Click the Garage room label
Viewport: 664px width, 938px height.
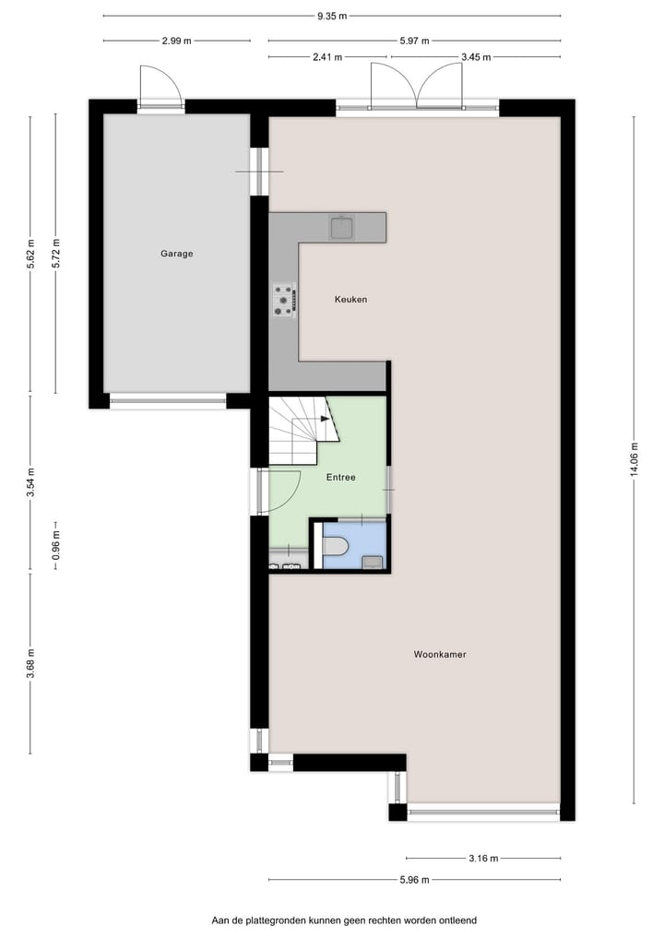click(x=176, y=254)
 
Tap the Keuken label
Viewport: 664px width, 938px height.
click(x=350, y=300)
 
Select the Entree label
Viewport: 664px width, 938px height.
click(x=341, y=478)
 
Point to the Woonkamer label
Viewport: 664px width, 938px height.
click(x=440, y=655)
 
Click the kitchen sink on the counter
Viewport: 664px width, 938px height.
click(x=342, y=226)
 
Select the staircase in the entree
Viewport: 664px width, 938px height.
click(x=300, y=429)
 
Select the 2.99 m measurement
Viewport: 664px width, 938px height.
click(x=176, y=41)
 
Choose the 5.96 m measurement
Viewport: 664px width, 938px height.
click(x=414, y=880)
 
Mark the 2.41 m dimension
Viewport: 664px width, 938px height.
click(x=327, y=57)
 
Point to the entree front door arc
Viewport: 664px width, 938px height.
click(x=281, y=491)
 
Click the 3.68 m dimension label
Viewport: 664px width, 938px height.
click(x=30, y=663)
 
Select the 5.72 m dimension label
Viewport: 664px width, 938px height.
click(x=56, y=253)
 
